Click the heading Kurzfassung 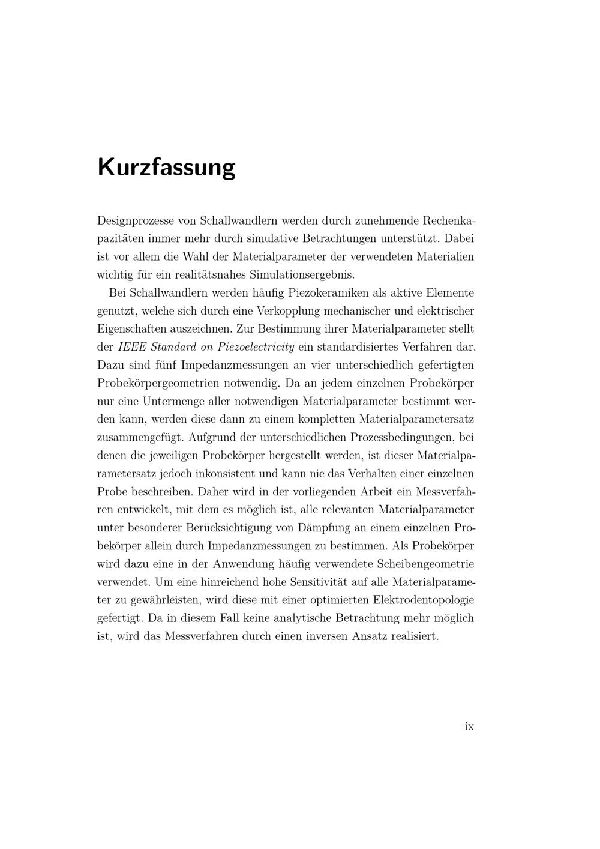coord(166,167)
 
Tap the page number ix coord(469,727)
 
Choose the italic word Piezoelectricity coord(256,347)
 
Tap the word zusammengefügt coord(140,437)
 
